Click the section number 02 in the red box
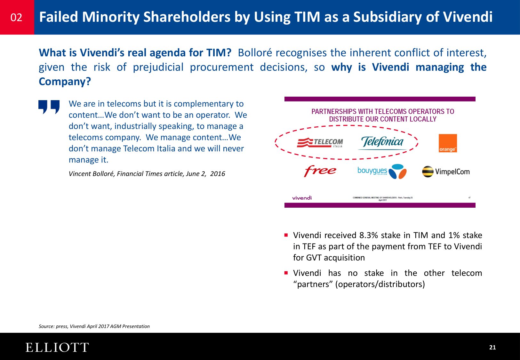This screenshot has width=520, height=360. [x=16, y=17]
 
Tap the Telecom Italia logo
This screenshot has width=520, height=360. [x=320, y=142]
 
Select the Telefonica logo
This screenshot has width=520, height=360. [x=382, y=142]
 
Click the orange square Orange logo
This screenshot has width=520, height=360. [x=447, y=143]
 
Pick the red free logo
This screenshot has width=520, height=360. [x=320, y=171]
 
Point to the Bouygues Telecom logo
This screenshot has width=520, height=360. [x=382, y=172]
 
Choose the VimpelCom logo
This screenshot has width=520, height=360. [x=446, y=172]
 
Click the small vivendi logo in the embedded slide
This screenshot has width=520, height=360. [x=302, y=198]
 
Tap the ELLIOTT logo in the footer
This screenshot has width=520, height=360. [x=57, y=348]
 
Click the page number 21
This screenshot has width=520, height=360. [x=492, y=348]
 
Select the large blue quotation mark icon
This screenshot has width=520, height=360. [x=49, y=107]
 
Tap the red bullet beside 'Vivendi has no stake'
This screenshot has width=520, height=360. [x=286, y=273]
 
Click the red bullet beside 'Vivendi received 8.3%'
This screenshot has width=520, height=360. [x=286, y=235]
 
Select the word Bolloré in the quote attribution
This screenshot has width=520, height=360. [x=102, y=174]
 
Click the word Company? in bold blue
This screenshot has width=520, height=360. [x=65, y=82]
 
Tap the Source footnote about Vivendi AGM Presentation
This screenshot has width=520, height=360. [x=94, y=326]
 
